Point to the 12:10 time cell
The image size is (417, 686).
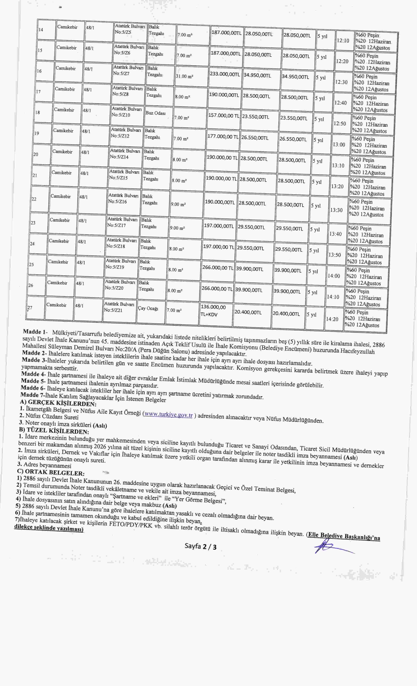tap(343, 40)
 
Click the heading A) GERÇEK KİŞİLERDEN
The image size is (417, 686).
tap(58, 403)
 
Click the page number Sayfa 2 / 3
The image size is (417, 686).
tap(200, 547)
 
